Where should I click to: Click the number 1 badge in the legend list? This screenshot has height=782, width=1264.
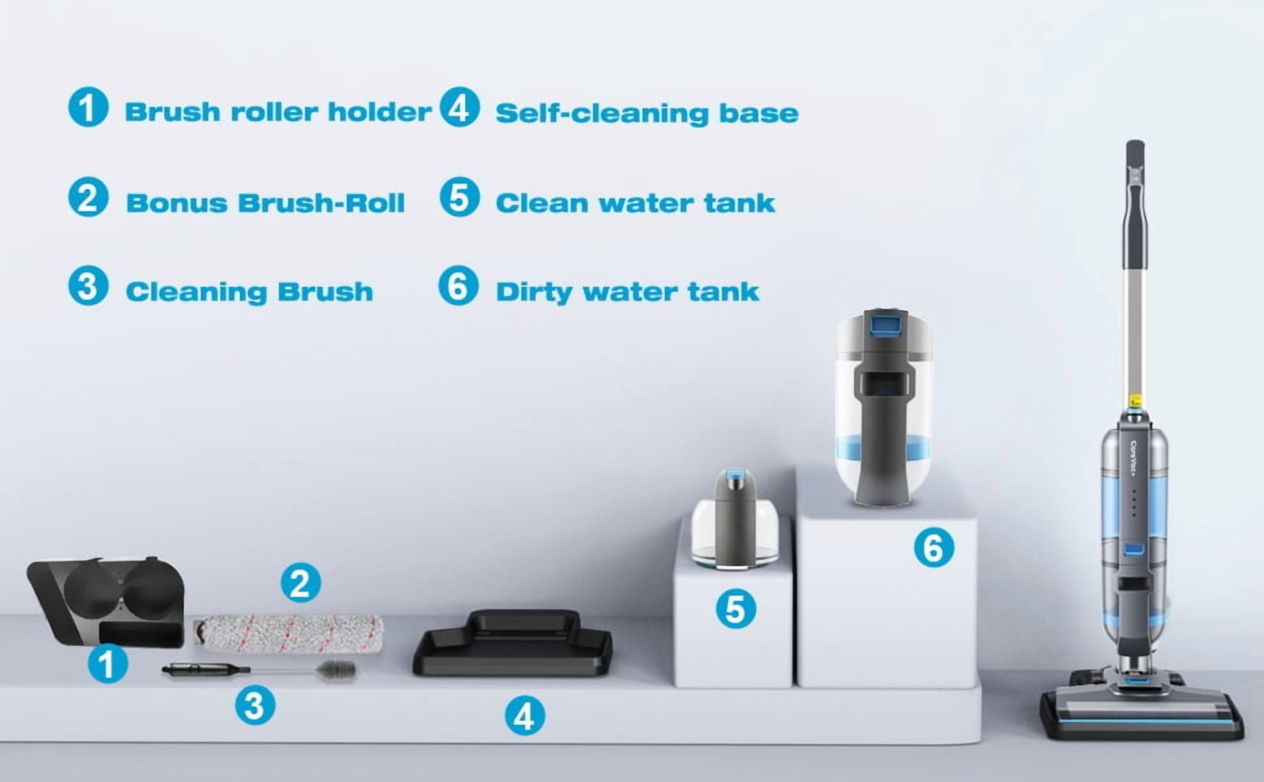pyautogui.click(x=88, y=108)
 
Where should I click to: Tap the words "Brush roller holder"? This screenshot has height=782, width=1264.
pyautogui.click(x=278, y=112)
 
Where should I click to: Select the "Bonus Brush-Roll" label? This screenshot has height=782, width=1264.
pyautogui.click(x=265, y=203)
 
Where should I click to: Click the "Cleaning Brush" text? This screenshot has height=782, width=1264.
pyautogui.click(x=250, y=292)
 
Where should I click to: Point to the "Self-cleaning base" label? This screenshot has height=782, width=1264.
pyautogui.click(x=647, y=113)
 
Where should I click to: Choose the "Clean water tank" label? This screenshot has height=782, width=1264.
pyautogui.click(x=635, y=203)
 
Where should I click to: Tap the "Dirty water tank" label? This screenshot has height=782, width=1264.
pyautogui.click(x=627, y=292)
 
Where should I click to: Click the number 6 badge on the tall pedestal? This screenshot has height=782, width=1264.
pyautogui.click(x=934, y=547)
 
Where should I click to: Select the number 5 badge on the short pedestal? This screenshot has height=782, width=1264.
pyautogui.click(x=736, y=609)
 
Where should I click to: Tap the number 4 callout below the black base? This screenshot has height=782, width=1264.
pyautogui.click(x=524, y=716)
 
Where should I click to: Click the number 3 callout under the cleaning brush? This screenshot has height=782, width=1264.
pyautogui.click(x=255, y=705)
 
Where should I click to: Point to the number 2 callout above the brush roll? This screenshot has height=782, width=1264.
pyautogui.click(x=300, y=583)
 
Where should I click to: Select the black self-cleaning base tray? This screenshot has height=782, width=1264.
pyautogui.click(x=513, y=643)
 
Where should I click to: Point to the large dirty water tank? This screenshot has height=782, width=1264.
pyautogui.click(x=884, y=407)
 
